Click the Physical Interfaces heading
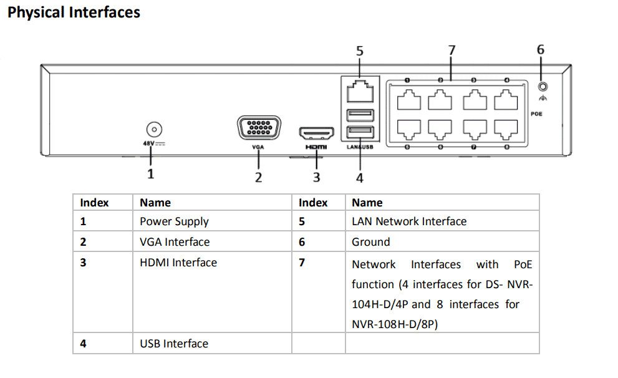tap(74, 12)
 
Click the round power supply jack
tap(153, 130)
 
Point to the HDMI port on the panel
tap(316, 133)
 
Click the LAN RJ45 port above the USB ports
tap(359, 92)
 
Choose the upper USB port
tap(359, 114)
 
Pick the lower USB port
tap(359, 132)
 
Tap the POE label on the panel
tap(536, 114)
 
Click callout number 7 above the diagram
tap(451, 50)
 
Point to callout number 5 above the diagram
tap(359, 51)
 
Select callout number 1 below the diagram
tap(150, 174)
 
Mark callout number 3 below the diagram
tap(316, 177)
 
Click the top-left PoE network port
tap(408, 99)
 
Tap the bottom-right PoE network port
tap(506, 127)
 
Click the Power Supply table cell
tap(174, 221)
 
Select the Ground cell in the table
tap(370, 242)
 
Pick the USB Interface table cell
tap(174, 344)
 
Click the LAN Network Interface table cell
tap(408, 221)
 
